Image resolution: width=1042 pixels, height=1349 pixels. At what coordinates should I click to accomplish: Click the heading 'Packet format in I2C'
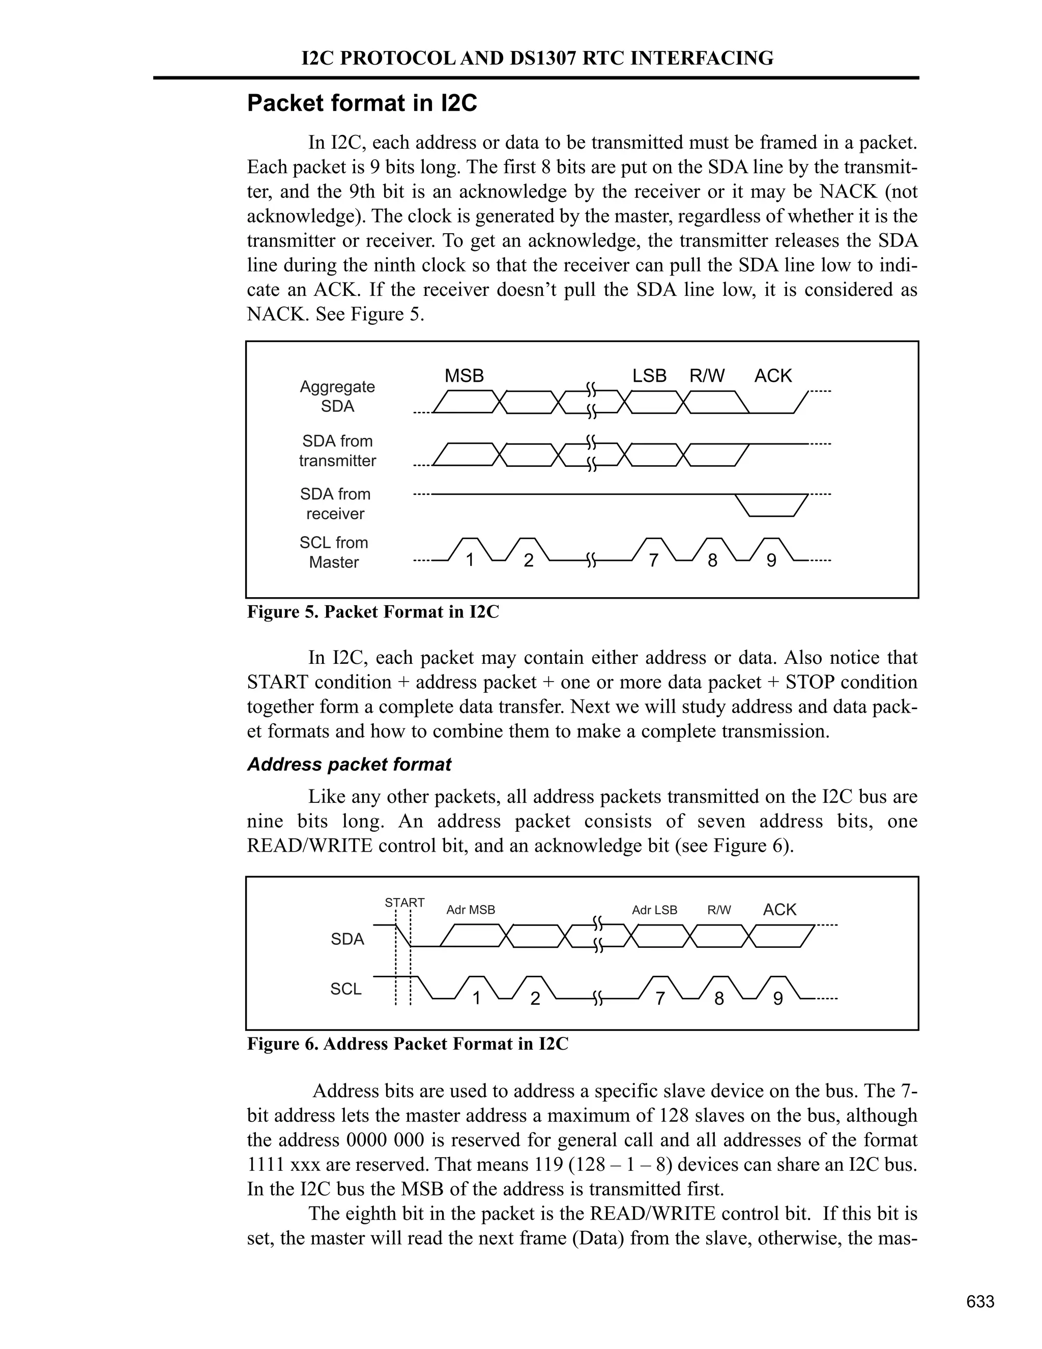coord(362,103)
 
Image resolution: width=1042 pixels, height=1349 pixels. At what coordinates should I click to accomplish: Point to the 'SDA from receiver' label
coord(335,504)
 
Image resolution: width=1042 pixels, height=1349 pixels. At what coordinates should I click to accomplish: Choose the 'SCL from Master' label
coord(334,552)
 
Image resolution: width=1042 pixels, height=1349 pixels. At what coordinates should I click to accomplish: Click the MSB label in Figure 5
coord(464,376)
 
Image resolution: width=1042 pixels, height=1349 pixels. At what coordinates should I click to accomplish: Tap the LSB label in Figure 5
coord(649,376)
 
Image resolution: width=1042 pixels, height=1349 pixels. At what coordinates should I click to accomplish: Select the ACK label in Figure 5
coord(772,376)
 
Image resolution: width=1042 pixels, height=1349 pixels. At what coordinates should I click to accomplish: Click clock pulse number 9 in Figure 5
coord(771,559)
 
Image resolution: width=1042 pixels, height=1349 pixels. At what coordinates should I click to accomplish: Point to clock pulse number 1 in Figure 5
coord(470,559)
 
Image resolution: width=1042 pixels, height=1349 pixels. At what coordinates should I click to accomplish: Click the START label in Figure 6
coord(404,903)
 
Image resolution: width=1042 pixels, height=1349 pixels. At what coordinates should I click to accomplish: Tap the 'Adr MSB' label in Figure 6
coord(471,910)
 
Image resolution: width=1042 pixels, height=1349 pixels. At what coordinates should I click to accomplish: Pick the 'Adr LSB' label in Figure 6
coord(654,910)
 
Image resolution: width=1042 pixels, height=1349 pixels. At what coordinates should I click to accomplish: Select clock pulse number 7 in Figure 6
coord(660,998)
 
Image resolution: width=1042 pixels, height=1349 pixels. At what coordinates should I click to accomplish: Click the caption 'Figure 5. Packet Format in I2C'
coord(373,612)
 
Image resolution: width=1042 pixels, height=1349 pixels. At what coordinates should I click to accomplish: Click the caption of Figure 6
coord(408,1044)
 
